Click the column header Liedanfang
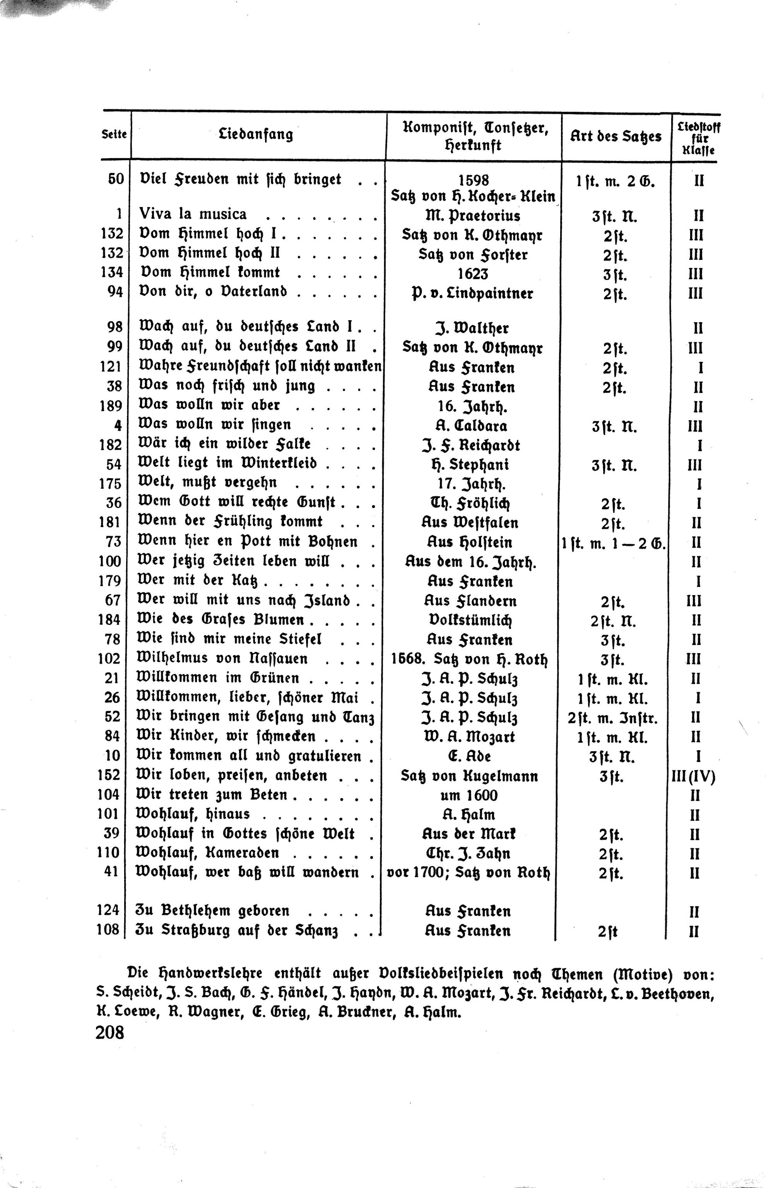click(256, 134)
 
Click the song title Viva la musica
click(193, 214)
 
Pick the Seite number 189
click(110, 406)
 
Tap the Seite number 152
click(109, 775)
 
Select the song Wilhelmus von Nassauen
click(222, 659)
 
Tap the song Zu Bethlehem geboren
click(212, 911)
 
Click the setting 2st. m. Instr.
click(612, 718)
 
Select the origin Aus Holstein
click(470, 542)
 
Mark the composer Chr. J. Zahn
click(468, 853)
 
